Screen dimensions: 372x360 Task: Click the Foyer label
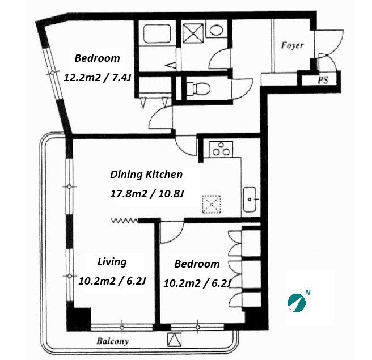tap(292, 45)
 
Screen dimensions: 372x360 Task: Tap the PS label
tap(323, 80)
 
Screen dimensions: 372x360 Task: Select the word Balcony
tap(113, 341)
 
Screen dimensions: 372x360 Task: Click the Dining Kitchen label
tap(146, 175)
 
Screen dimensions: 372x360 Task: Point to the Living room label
tap(112, 262)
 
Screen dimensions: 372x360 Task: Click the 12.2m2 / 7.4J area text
tap(98, 78)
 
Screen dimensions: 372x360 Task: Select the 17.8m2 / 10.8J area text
tap(147, 194)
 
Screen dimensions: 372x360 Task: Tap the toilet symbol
tap(198, 88)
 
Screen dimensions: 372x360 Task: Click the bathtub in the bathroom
tap(157, 33)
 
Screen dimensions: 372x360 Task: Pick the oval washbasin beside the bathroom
tap(216, 30)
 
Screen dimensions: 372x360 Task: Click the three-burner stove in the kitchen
tap(221, 149)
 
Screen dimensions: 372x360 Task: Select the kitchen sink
tap(250, 199)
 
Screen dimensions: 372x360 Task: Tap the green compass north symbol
tap(296, 303)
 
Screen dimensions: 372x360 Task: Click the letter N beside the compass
tap(308, 292)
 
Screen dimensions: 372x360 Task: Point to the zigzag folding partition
tap(125, 221)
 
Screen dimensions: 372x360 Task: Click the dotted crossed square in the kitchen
tap(211, 204)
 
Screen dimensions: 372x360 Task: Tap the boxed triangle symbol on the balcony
tap(174, 340)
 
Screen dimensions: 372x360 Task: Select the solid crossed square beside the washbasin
tap(193, 33)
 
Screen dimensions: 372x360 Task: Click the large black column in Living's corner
tap(79, 319)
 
